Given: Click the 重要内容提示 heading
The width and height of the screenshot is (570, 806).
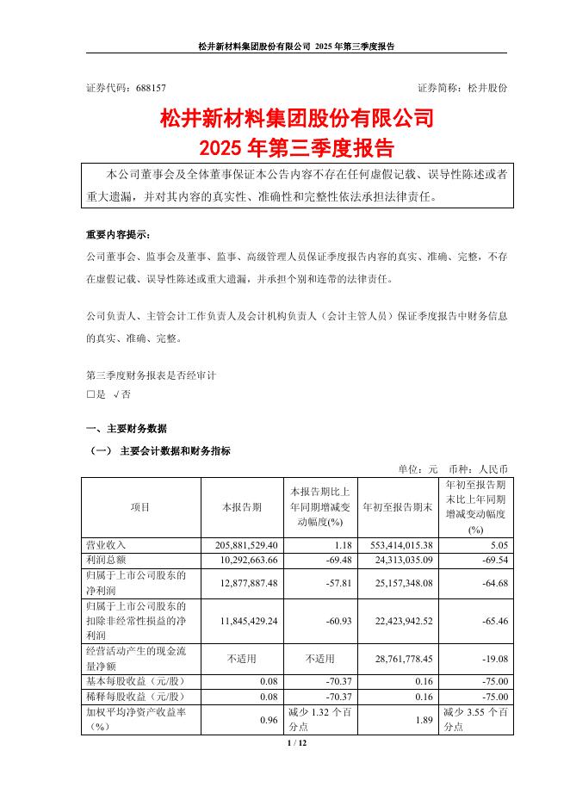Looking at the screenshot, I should click(122, 234).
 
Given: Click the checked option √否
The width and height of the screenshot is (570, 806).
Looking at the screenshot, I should click(122, 394).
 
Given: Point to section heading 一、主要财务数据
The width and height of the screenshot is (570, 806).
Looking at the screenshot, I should click(127, 428).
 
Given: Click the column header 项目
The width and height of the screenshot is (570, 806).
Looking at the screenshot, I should click(139, 508).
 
